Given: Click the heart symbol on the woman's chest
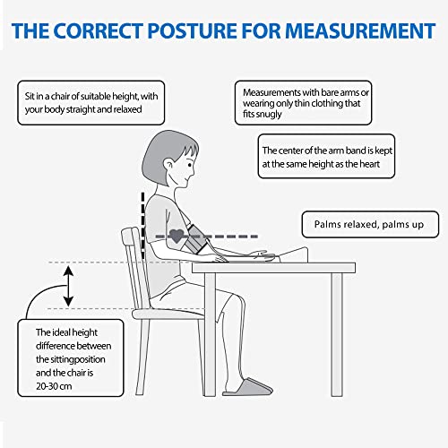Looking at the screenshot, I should coord(177,237).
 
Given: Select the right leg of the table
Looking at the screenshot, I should coord(336,332).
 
